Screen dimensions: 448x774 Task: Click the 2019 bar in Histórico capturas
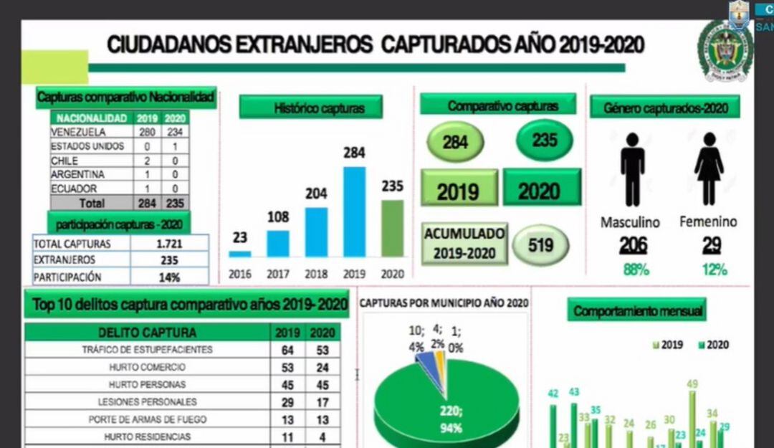tap(354, 211)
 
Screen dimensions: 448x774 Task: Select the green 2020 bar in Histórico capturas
tap(392, 228)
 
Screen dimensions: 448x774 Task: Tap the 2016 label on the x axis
tap(239, 274)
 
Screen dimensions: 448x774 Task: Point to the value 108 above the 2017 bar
tap(278, 217)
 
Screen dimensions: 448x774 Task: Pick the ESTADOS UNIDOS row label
tap(83, 147)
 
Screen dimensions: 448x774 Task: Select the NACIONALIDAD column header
tap(91, 118)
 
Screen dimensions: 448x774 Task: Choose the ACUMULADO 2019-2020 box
tap(464, 243)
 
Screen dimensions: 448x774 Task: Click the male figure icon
tap(632, 169)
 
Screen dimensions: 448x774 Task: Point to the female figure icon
tap(708, 169)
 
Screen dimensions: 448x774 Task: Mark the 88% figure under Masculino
tap(633, 270)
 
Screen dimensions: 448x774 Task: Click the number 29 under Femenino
tap(712, 246)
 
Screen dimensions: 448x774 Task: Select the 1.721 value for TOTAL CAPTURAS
tap(169, 244)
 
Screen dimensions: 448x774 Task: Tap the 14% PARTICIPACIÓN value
tap(169, 277)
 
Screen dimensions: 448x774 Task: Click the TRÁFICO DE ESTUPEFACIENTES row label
tap(147, 350)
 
